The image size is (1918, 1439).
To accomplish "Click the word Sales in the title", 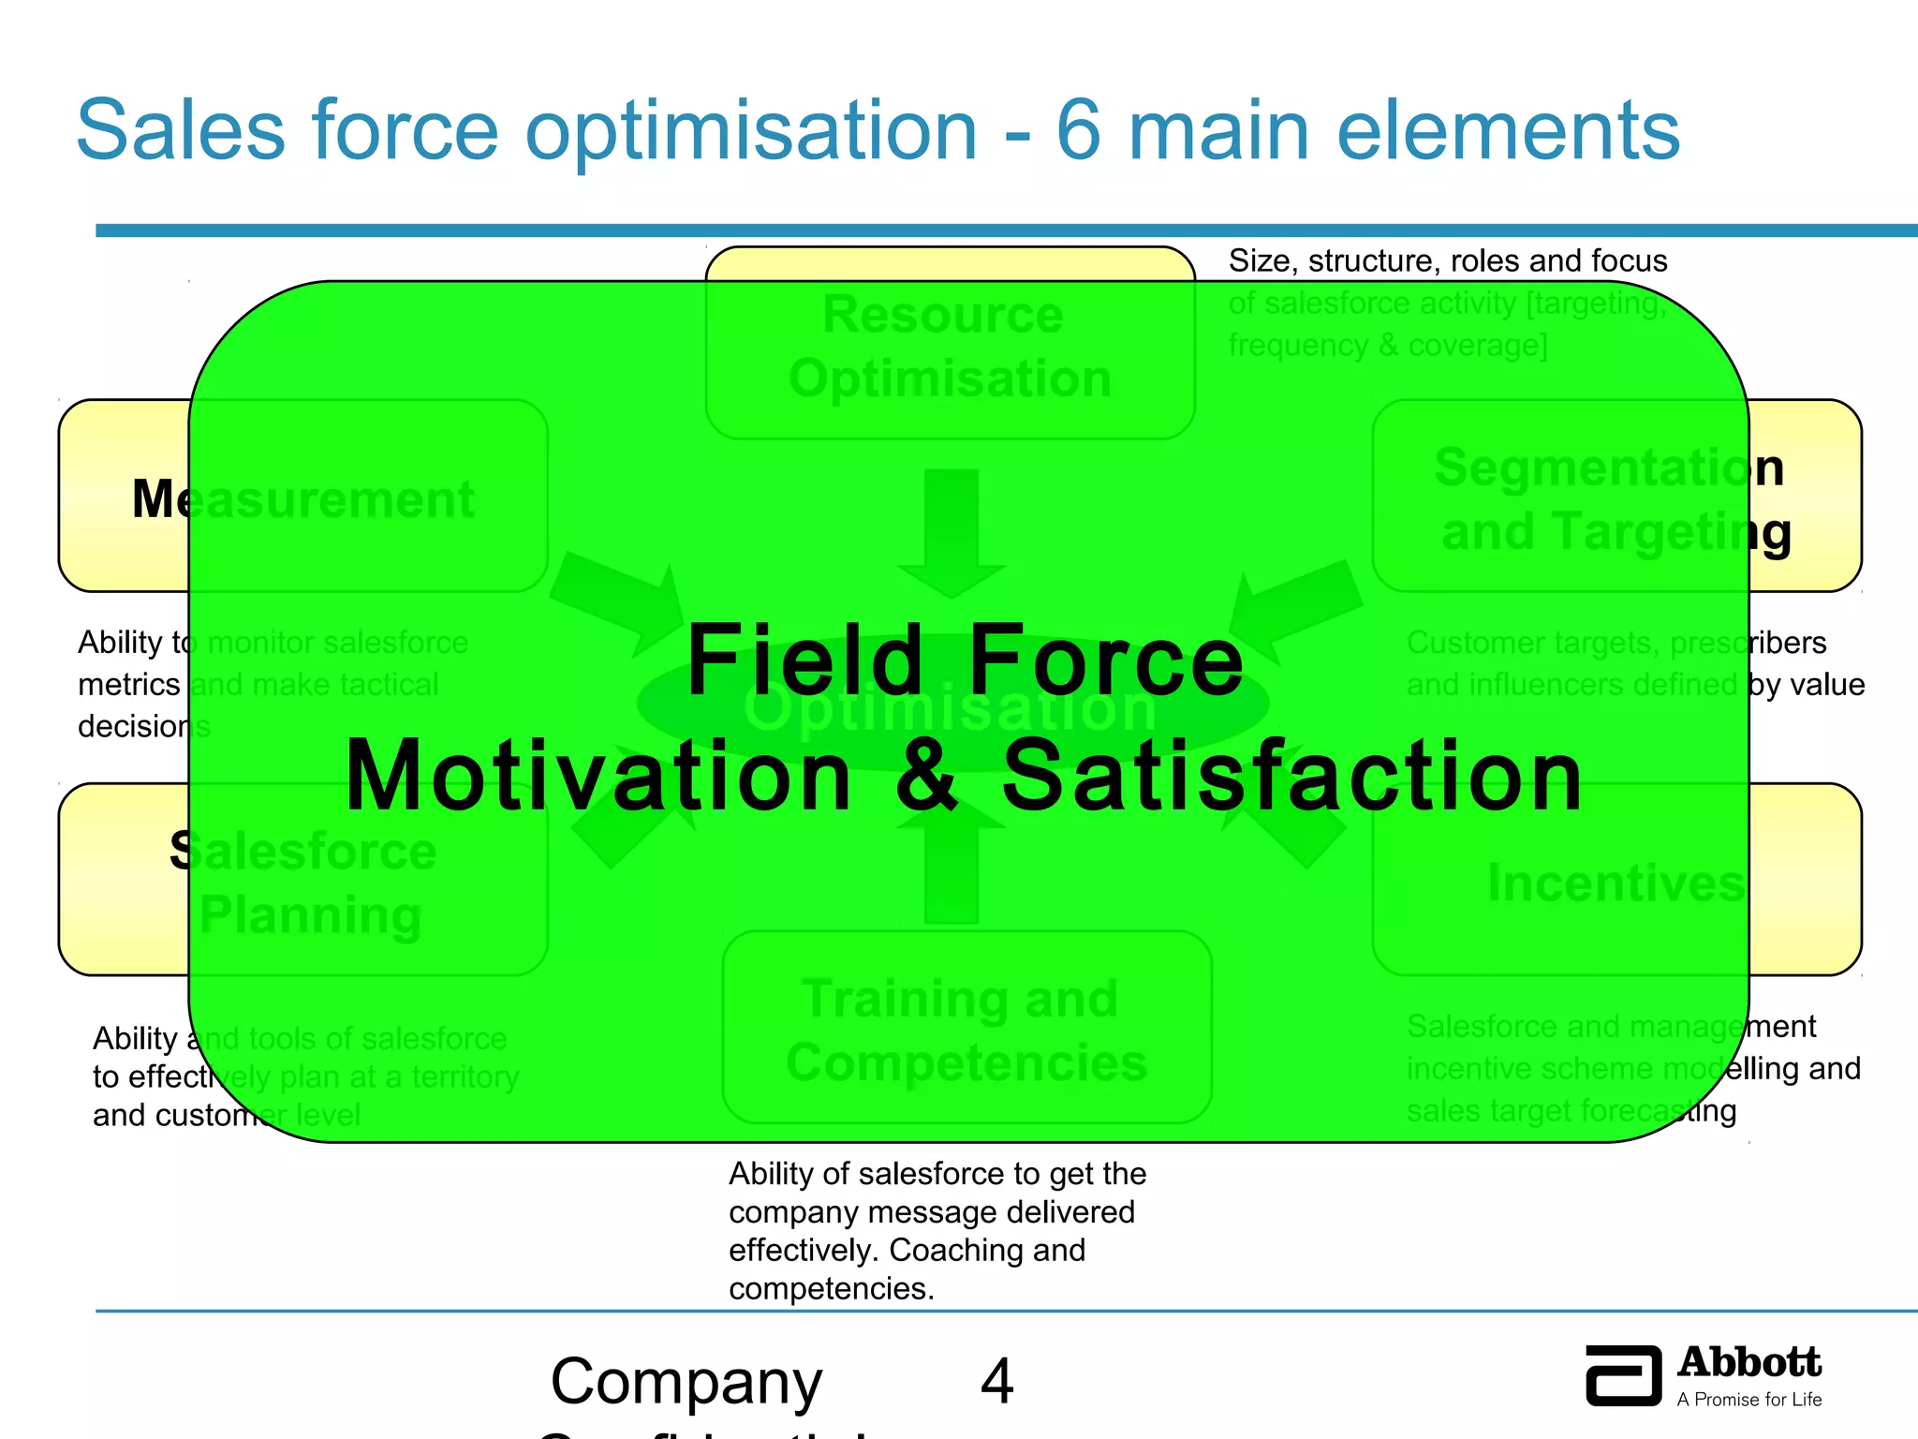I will (181, 130).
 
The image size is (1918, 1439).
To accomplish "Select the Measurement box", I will (302, 497).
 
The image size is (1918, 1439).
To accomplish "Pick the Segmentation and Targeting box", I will (1616, 497).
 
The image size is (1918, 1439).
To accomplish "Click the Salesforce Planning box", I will (302, 881).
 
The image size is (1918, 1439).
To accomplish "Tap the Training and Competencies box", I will (966, 1029).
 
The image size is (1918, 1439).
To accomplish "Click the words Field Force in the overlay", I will (965, 661).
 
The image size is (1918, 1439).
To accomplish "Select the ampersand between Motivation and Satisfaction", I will (927, 776).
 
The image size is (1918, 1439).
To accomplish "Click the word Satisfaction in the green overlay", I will (1292, 776).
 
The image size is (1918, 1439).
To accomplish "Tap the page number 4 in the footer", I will (996, 1382).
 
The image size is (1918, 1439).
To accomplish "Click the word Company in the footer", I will (686, 1382).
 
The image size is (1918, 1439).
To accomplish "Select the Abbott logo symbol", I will (1623, 1375).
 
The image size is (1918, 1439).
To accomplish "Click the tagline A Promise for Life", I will (1748, 1400).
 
